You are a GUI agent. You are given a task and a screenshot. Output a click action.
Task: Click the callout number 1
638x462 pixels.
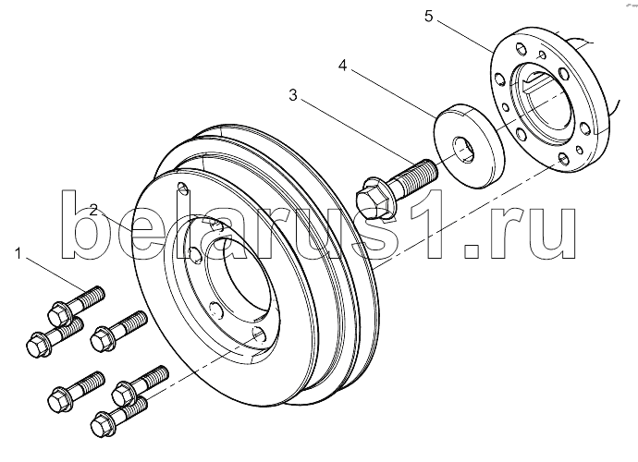pyautogui.click(x=18, y=254)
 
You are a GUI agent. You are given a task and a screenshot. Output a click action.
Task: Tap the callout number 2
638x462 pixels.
pyautogui.click(x=94, y=211)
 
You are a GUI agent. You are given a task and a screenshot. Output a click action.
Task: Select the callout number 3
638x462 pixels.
pyautogui.click(x=293, y=95)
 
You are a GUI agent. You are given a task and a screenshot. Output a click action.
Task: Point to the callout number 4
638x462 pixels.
pyautogui.click(x=343, y=65)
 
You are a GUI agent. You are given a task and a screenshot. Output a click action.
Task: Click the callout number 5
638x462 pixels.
pyautogui.click(x=428, y=17)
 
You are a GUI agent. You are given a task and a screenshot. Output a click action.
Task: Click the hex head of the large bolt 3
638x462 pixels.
pyautogui.click(x=373, y=199)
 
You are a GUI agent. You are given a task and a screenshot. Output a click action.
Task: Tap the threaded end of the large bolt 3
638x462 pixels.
pyautogui.click(x=419, y=173)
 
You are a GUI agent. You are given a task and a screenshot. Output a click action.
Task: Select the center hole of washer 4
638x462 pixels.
pyautogui.click(x=463, y=149)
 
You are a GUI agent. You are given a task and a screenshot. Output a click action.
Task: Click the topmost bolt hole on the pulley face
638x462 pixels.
pyautogui.click(x=183, y=188)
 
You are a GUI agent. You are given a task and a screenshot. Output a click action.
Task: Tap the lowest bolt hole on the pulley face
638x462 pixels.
pyautogui.click(x=259, y=335)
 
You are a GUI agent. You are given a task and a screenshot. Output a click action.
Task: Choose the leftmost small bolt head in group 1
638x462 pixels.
pyautogui.click(x=37, y=346)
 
